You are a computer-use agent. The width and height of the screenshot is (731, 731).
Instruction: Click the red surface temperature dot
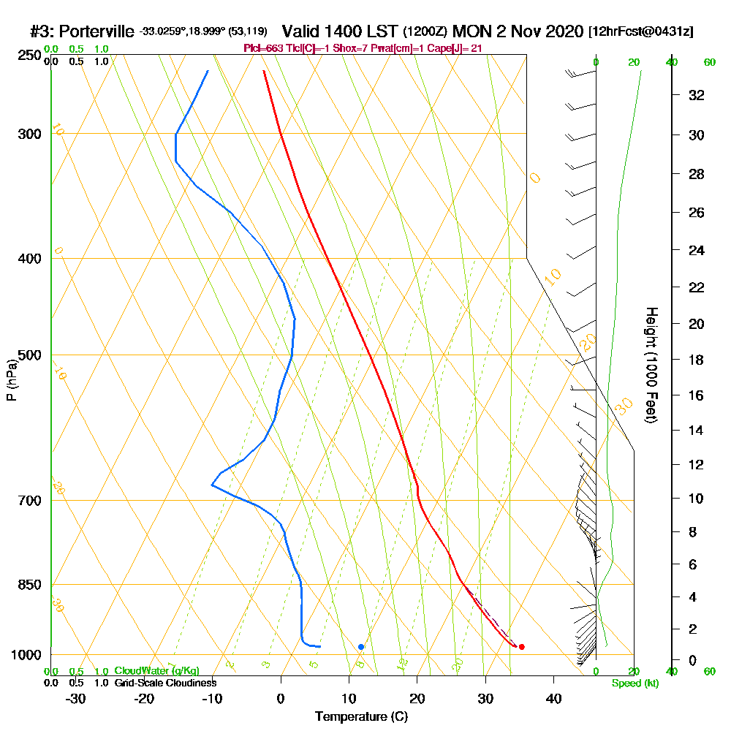[521, 647]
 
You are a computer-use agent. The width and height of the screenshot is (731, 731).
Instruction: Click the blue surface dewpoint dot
[361, 647]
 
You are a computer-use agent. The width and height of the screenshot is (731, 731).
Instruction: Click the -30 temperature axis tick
[75, 699]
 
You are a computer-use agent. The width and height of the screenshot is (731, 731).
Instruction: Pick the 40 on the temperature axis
[554, 699]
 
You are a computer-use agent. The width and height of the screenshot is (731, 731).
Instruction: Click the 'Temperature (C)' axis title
[361, 717]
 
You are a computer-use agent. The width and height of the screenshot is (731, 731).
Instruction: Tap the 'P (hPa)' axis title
[11, 380]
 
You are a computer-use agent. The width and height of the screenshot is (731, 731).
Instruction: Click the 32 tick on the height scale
[697, 95]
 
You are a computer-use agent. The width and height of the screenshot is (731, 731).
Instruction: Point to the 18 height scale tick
[697, 360]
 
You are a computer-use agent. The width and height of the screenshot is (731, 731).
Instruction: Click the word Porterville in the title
[96, 31]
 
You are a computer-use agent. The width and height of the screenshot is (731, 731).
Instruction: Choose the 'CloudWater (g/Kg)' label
[156, 671]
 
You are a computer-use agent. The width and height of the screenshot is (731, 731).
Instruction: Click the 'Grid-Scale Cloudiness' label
[164, 683]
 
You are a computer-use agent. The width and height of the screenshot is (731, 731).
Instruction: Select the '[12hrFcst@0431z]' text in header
[641, 32]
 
